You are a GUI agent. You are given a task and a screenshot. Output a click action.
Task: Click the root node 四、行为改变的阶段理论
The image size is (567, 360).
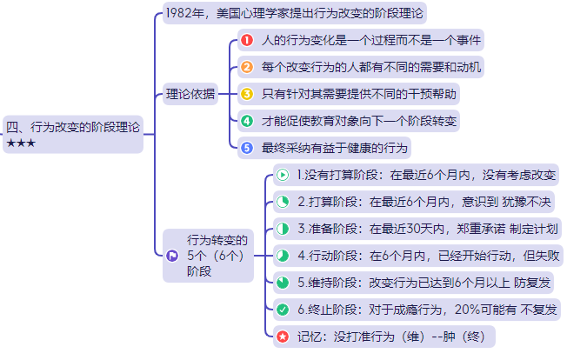pos(73,127)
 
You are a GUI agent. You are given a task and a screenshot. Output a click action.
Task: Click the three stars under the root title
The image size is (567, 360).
pos(21,143)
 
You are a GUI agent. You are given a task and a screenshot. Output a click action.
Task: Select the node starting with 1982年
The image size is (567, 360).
pos(296,14)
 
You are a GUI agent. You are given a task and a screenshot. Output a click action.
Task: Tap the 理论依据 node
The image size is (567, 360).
pos(190,94)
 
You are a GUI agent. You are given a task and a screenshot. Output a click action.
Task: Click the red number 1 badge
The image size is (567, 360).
pos(247,40)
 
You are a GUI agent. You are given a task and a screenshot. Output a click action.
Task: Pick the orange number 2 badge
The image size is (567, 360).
pos(247,67)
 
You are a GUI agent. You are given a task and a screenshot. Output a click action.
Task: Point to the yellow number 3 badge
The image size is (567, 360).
pos(247,94)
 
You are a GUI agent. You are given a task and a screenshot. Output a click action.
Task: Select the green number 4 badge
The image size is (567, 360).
pos(247,121)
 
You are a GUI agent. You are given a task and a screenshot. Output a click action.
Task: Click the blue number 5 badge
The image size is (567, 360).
pos(247,148)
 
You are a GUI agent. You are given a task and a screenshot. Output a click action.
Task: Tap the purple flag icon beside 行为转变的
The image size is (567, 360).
pos(172,256)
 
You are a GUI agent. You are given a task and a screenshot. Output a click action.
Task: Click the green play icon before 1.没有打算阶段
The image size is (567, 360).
pos(283,175)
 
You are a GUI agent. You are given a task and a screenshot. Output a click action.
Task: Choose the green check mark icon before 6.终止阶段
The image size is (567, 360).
pos(283,310)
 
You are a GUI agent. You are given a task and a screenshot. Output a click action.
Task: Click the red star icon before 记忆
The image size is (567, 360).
pos(283,337)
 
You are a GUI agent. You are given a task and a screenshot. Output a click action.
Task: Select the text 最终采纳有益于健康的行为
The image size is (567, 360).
pos(323,148)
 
